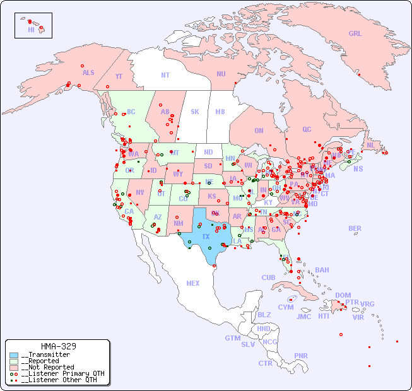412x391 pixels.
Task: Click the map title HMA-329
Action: tap(59, 346)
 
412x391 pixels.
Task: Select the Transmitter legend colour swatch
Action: tap(14, 355)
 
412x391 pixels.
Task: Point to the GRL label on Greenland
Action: tap(355, 33)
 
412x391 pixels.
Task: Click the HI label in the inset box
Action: tap(31, 30)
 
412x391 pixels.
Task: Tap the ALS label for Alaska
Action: tap(88, 73)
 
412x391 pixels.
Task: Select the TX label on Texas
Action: tap(206, 236)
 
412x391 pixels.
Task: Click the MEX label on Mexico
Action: tap(193, 283)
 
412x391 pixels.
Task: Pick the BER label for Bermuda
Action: tap(355, 228)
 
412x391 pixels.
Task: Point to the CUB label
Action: tap(268, 277)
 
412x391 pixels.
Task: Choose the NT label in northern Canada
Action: tap(165, 74)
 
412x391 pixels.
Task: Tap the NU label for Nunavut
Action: tap(221, 74)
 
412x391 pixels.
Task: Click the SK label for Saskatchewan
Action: tap(195, 112)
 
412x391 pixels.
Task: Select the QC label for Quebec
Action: tap(307, 129)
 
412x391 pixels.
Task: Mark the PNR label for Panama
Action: tap(301, 356)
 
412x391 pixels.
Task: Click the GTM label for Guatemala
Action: tap(232, 338)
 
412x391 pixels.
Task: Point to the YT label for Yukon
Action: tap(119, 76)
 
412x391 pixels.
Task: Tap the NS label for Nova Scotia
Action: tap(358, 168)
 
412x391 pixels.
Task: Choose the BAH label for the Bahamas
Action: tap(322, 270)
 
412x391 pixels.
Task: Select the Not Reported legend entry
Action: tap(47, 367)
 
